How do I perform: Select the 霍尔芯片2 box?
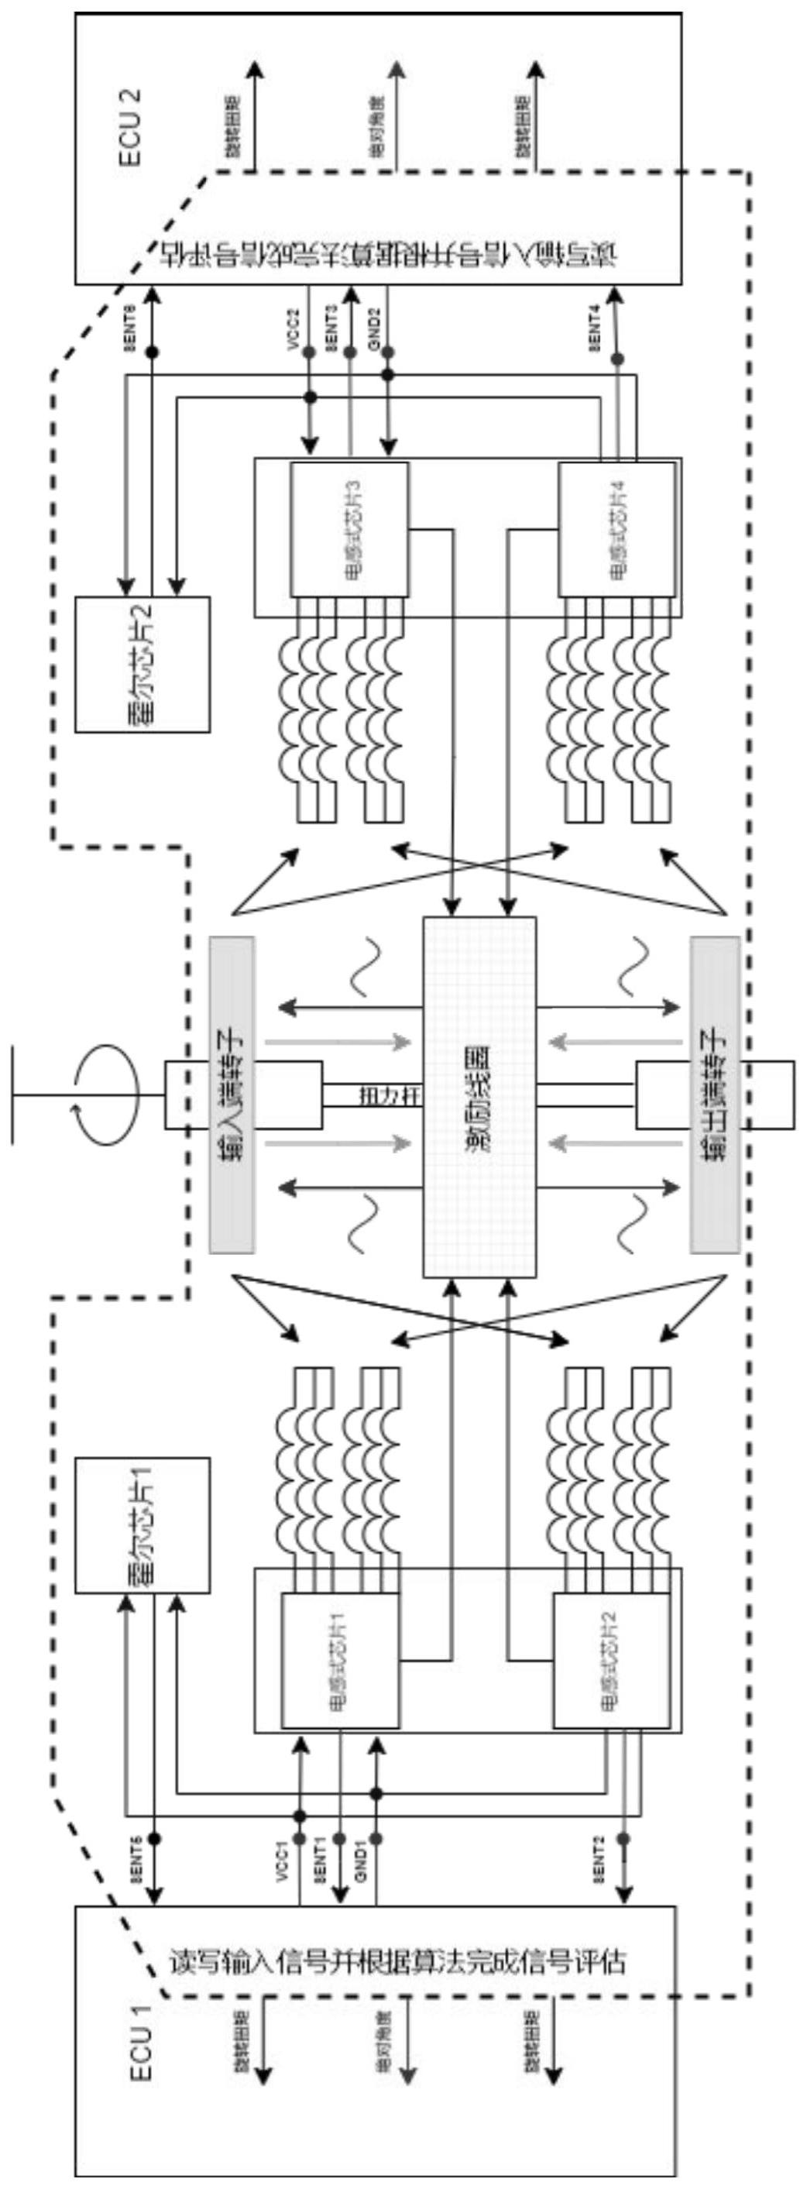[143, 664]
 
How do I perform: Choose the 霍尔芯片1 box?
[143, 1525]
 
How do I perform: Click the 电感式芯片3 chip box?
[349, 528]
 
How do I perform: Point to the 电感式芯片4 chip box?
[617, 528]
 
